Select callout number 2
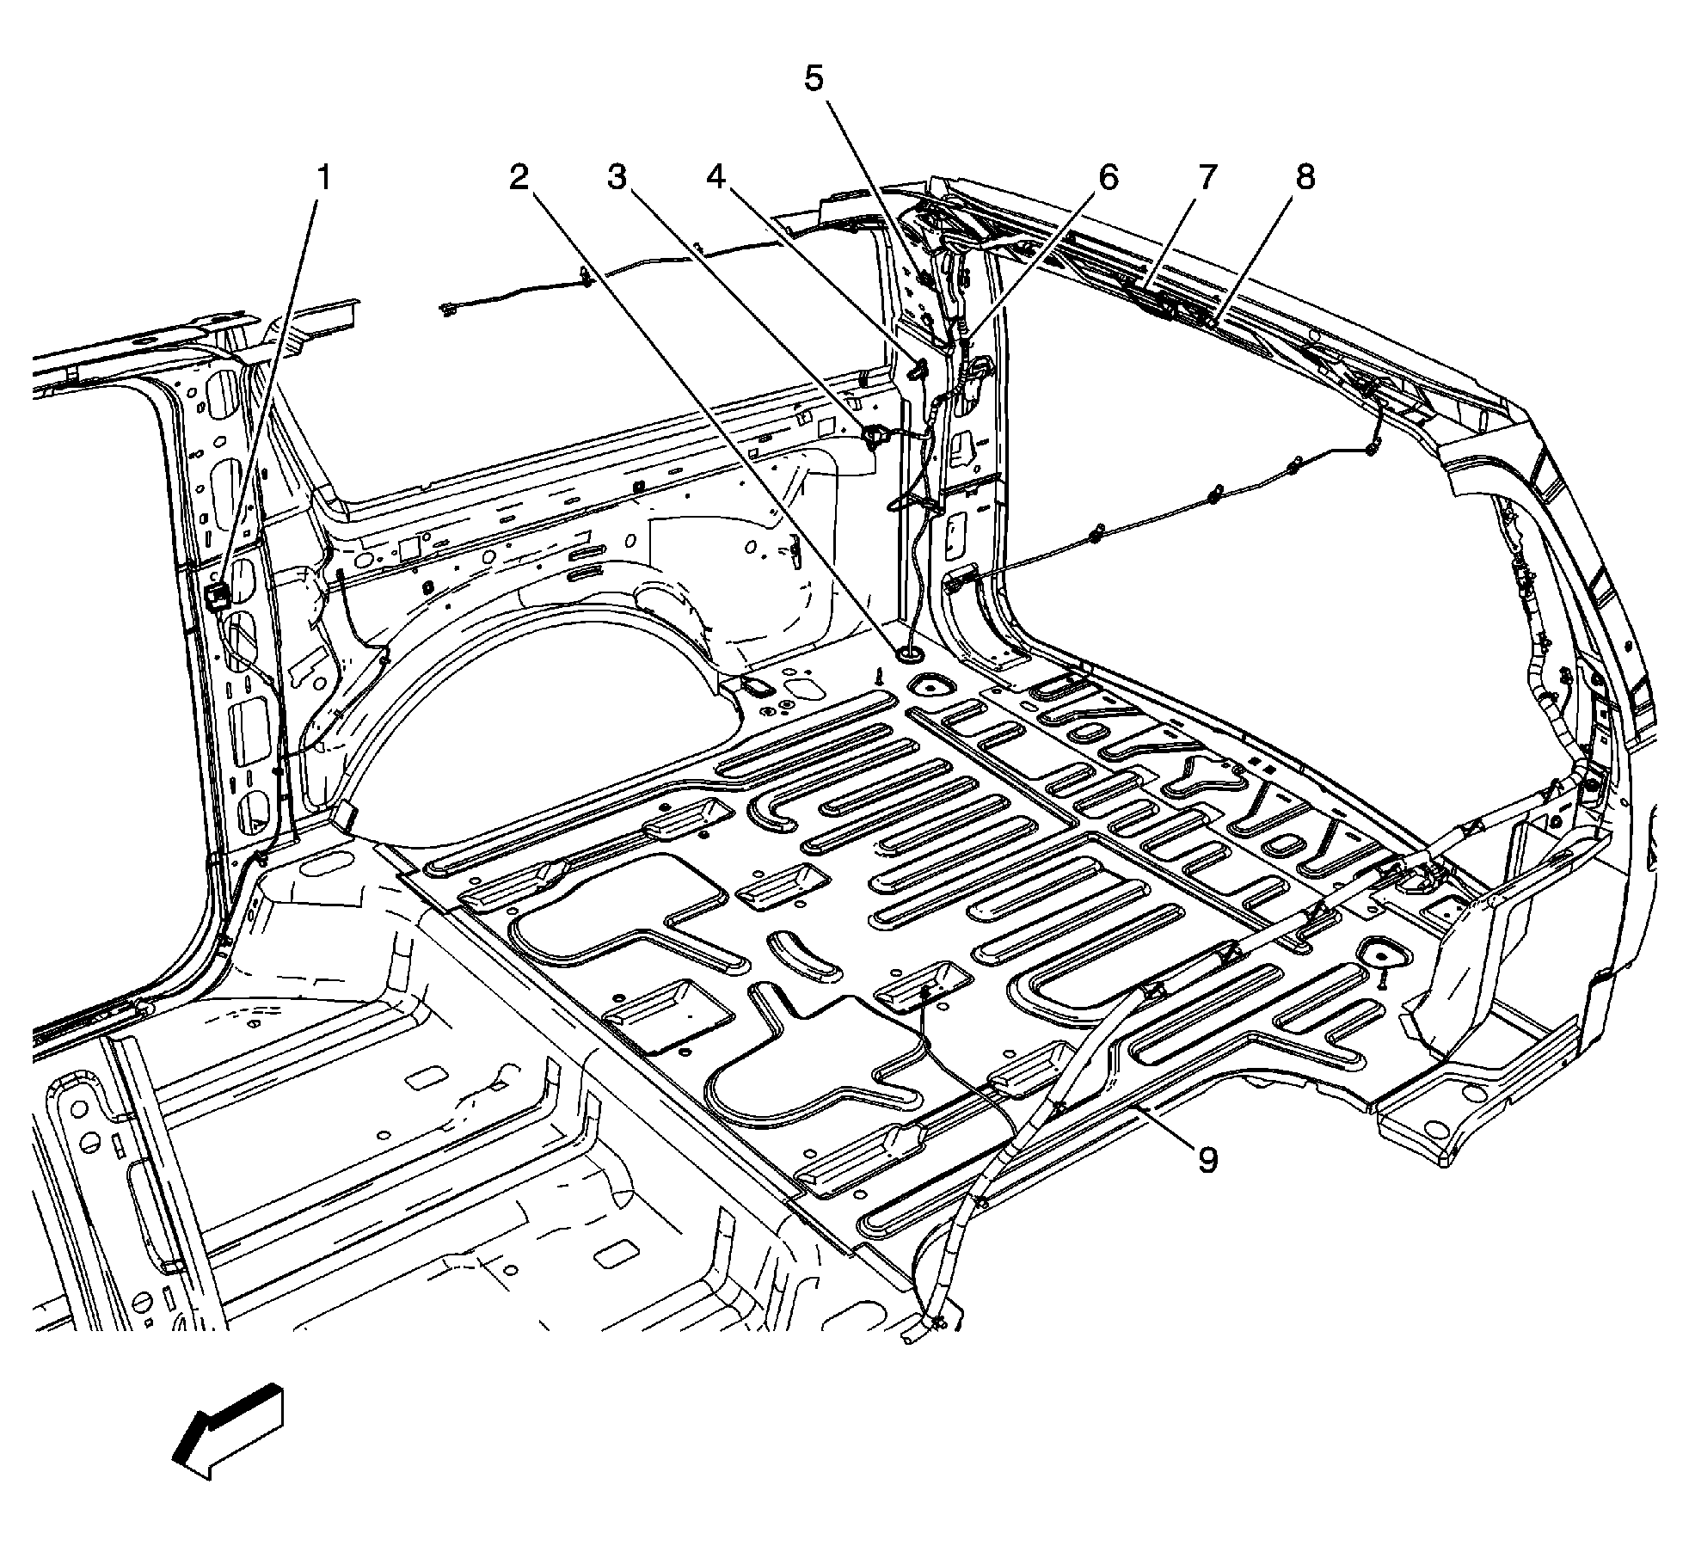518,178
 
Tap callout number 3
616,178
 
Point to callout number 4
716,178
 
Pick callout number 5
814,79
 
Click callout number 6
1107,178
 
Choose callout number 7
1206,178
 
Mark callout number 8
1305,178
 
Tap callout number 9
1207,1161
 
